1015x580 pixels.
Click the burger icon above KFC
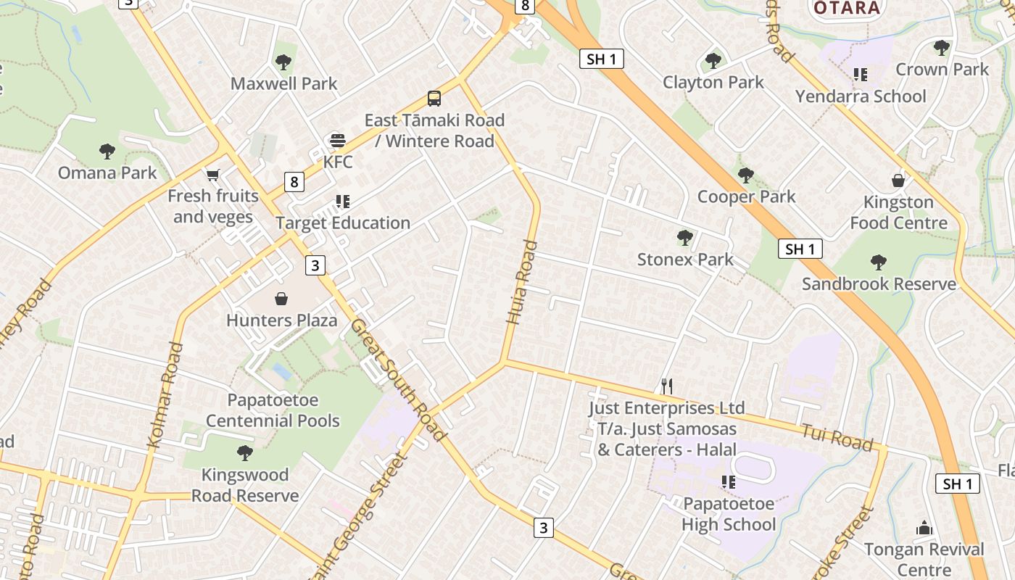pos(337,140)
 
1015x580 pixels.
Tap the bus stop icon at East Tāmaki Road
pos(434,99)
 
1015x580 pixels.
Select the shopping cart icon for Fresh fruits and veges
pos(212,175)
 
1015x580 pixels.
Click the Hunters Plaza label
pos(281,320)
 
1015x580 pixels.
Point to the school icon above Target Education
pos(342,202)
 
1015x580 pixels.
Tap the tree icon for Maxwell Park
pos(283,62)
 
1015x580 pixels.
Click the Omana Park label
pos(107,173)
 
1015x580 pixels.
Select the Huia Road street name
pos(521,291)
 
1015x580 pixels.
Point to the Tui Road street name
pos(836,438)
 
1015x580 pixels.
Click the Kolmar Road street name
pos(165,395)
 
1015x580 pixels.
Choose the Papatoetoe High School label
pos(728,513)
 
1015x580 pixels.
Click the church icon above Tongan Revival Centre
pos(924,528)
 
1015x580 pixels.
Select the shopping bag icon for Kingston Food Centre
pos(898,181)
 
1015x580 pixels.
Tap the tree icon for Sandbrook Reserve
pos(879,262)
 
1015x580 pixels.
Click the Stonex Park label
pos(684,260)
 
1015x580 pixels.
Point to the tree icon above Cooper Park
pos(745,175)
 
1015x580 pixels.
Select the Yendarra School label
pos(861,96)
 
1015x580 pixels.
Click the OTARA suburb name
pos(847,8)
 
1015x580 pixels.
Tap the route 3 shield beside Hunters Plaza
pos(315,265)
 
